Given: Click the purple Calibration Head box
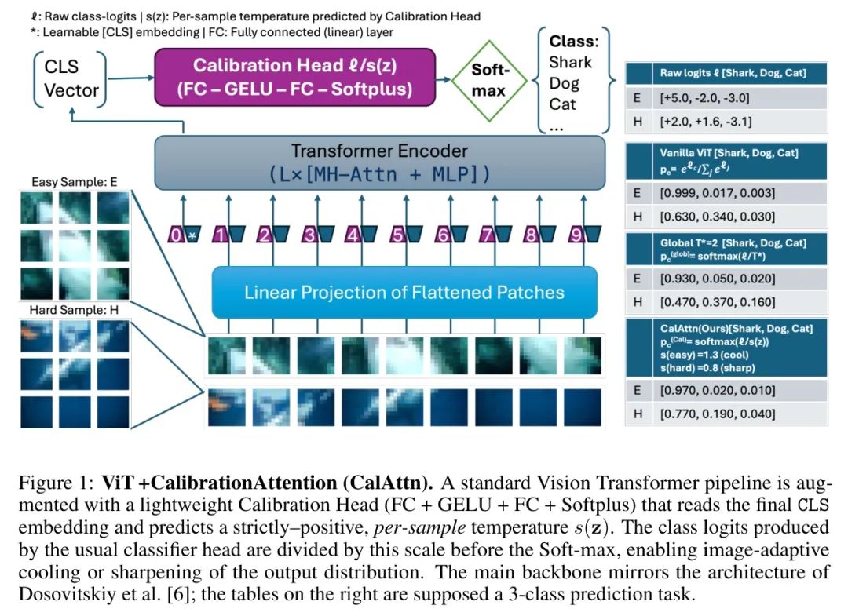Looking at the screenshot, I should [x=294, y=77].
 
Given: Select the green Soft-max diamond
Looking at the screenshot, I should [x=488, y=80].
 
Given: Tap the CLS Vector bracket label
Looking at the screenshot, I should [x=71, y=78].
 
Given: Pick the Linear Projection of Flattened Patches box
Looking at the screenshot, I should [x=404, y=293].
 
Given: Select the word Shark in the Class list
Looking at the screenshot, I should [x=571, y=63].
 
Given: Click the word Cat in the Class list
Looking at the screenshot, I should [x=562, y=104].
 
